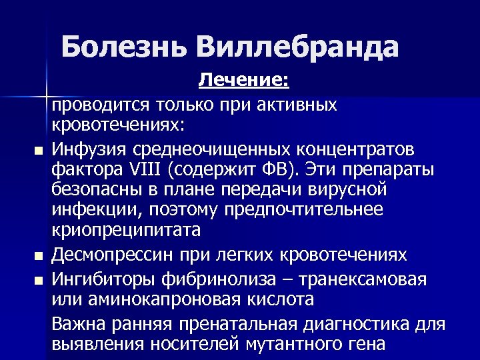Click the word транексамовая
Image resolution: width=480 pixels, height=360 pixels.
pyautogui.click(x=361, y=278)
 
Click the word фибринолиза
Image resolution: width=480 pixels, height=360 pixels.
pyautogui.click(x=218, y=278)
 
